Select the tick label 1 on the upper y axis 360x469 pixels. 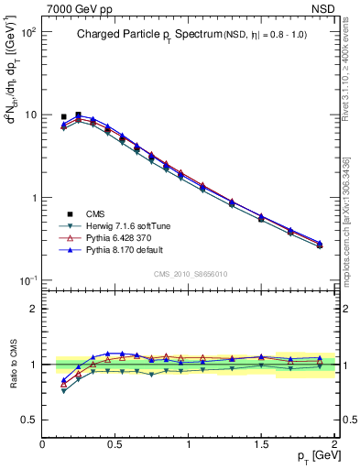[x=33, y=198]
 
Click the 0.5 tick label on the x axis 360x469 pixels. [x=115, y=443]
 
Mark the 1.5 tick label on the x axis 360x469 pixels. [x=261, y=443]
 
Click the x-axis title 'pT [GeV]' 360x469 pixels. [x=307, y=456]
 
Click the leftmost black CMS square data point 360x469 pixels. [x=63, y=117]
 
